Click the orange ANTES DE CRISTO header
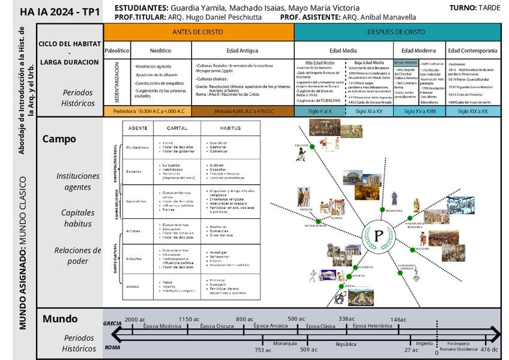coord(198,32)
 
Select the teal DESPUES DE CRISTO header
coord(397,32)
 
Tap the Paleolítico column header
coord(116,51)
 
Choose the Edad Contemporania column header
coord(472,51)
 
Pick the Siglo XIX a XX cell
coord(472,111)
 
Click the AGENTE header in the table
coord(138,128)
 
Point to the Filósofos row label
coord(134,259)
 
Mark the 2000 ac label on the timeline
coord(135,320)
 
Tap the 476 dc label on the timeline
coord(489,350)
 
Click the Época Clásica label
coord(321,326)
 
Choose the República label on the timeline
coord(346,344)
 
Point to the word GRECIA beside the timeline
coord(112,323)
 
